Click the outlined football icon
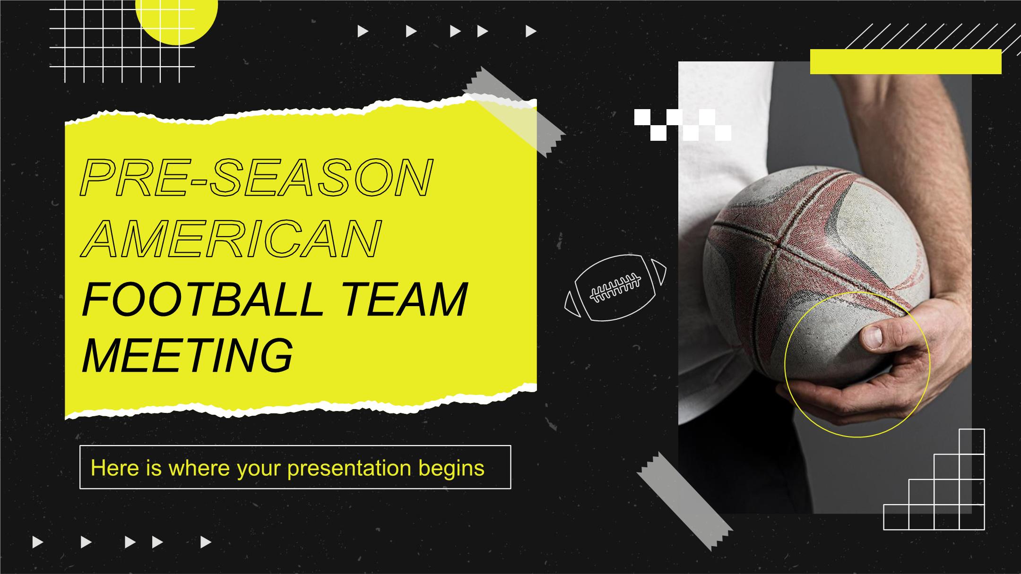tap(615, 287)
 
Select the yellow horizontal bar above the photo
tap(906, 61)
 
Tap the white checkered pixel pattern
tap(683, 125)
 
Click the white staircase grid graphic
tap(934, 479)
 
